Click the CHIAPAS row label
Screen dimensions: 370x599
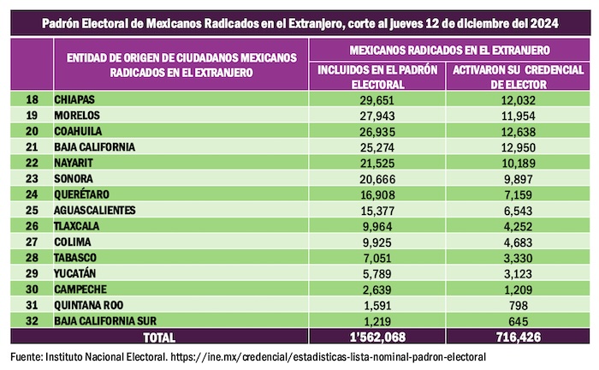[74, 100]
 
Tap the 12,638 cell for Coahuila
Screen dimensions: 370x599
[511, 131]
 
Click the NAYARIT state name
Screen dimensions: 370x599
[74, 162]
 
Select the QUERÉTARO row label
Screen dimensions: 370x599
[80, 193]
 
